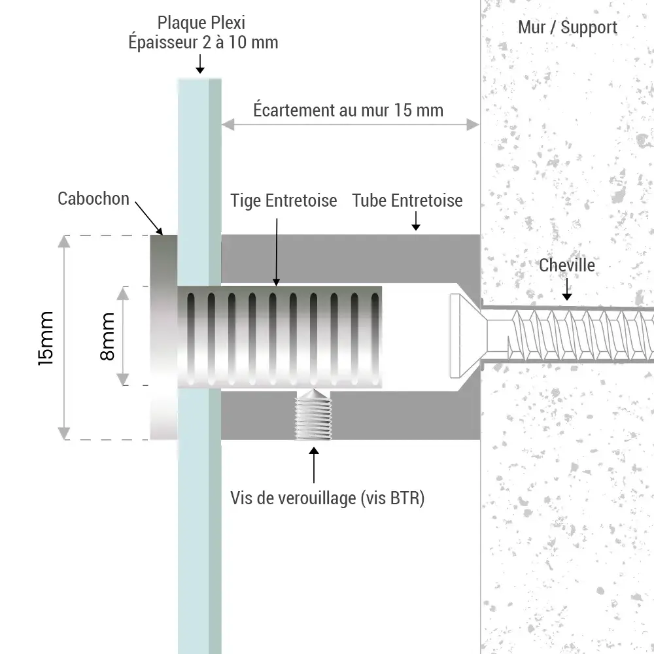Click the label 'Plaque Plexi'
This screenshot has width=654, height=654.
(201, 24)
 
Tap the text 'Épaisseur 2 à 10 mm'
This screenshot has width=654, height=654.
(203, 43)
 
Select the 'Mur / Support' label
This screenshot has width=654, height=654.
(567, 27)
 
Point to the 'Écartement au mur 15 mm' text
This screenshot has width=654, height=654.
(348, 110)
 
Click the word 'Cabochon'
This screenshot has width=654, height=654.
(94, 199)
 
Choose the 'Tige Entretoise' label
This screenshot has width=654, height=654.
(284, 201)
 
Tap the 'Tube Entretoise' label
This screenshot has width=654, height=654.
(407, 201)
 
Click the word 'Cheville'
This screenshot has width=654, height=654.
(567, 265)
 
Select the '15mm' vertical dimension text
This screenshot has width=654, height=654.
(46, 337)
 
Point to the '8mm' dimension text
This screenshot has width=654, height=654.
(107, 336)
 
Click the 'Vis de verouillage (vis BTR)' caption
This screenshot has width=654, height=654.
(328, 498)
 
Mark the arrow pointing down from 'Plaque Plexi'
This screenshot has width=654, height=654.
(200, 64)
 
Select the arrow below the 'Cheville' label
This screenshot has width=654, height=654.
(567, 288)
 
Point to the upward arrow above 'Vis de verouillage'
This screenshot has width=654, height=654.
(314, 464)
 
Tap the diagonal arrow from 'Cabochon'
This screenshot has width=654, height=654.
(149, 218)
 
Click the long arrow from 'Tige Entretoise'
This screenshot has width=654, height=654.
(277, 252)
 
